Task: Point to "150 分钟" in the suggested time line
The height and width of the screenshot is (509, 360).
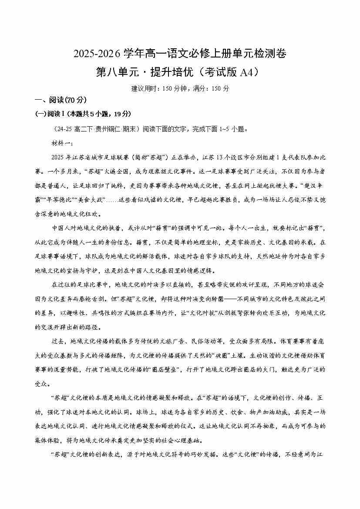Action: pyautogui.click(x=172, y=88)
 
